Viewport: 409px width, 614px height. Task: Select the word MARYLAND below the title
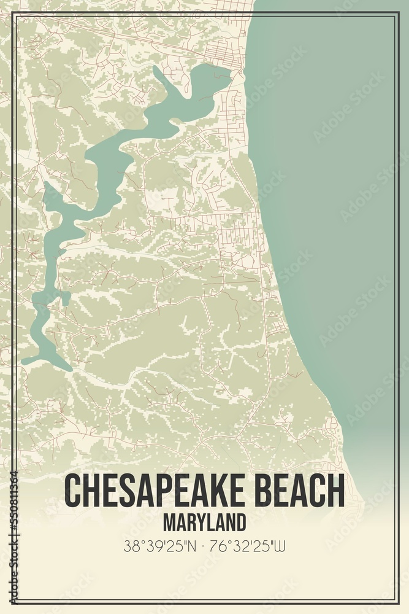(205, 522)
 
